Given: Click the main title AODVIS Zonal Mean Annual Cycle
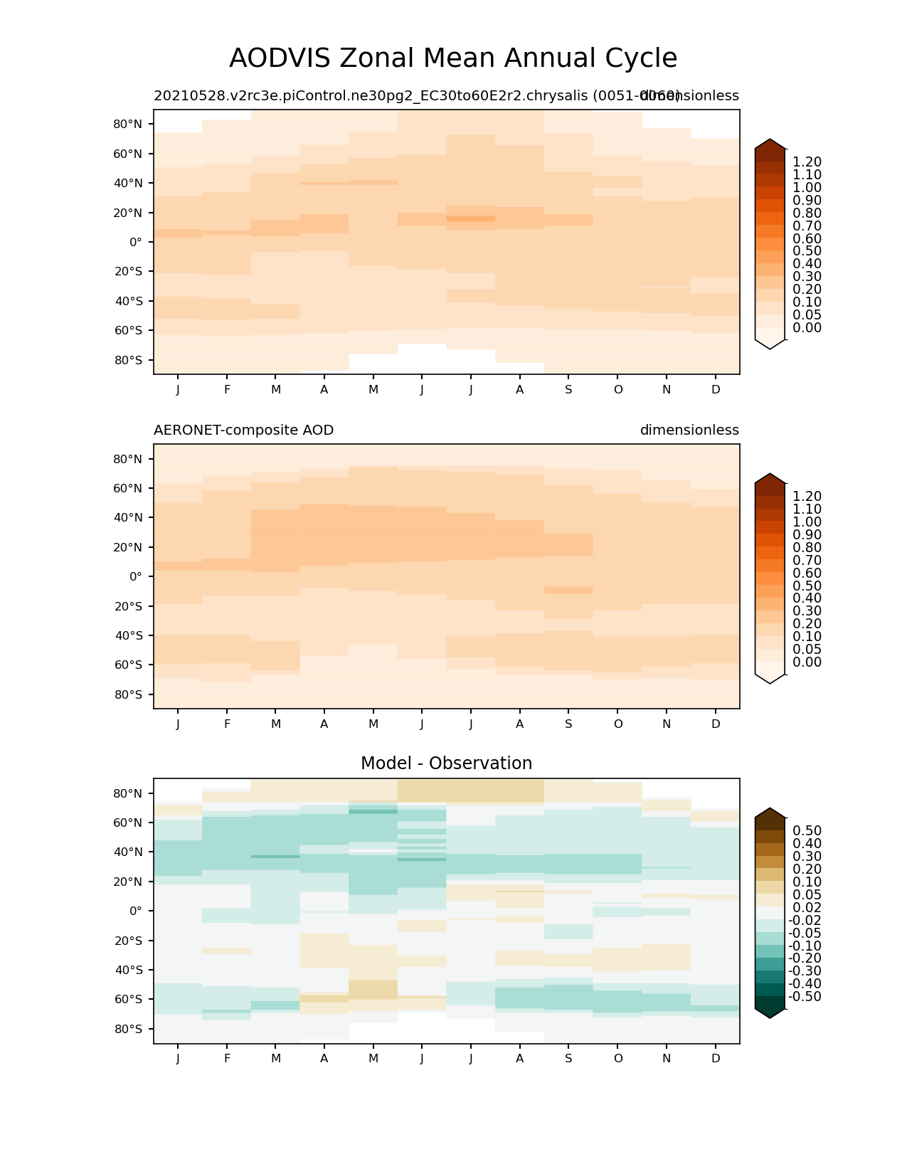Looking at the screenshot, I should click(x=453, y=58).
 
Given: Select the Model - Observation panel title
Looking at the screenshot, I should click(x=446, y=763).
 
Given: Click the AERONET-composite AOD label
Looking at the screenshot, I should click(x=243, y=430).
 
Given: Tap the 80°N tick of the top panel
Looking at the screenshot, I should click(x=128, y=125).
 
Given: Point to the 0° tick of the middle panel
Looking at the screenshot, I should click(x=135, y=576).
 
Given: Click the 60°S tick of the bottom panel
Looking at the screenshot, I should click(x=128, y=1000).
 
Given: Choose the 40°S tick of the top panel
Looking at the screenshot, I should click(x=128, y=301).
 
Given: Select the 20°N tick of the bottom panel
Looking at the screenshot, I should click(x=128, y=882).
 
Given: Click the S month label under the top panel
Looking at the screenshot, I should click(x=568, y=389).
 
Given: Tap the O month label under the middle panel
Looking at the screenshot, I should click(x=617, y=724).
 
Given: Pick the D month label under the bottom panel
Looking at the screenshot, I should click(x=716, y=1058).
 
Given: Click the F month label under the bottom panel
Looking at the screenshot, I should click(x=227, y=1058).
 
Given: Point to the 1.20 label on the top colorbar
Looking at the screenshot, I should click(x=807, y=162).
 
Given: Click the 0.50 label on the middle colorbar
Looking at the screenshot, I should click(x=807, y=586).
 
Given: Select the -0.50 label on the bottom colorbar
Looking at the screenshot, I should click(x=805, y=997).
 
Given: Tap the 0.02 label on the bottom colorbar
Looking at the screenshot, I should click(x=807, y=908).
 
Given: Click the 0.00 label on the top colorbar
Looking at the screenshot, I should click(x=807, y=328).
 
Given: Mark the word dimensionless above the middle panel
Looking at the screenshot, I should click(x=689, y=430).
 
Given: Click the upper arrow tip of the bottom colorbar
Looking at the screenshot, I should click(x=770, y=809).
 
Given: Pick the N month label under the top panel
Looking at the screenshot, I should click(x=667, y=389).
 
